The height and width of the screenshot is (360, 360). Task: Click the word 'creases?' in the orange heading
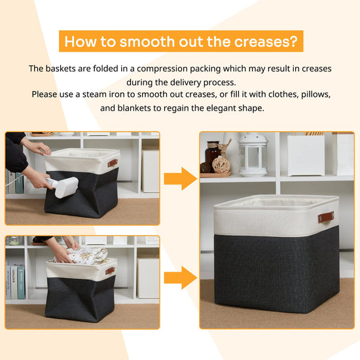266,41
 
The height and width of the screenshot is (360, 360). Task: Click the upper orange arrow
181,179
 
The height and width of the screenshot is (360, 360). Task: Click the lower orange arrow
181,278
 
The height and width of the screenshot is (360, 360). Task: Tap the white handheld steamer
63,186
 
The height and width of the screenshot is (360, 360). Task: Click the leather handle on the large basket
326,217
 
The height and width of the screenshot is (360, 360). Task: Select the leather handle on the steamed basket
113,163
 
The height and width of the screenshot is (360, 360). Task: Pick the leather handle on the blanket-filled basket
110,271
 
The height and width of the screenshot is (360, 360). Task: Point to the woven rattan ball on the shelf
221,164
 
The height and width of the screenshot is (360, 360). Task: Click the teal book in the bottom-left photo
21,282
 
